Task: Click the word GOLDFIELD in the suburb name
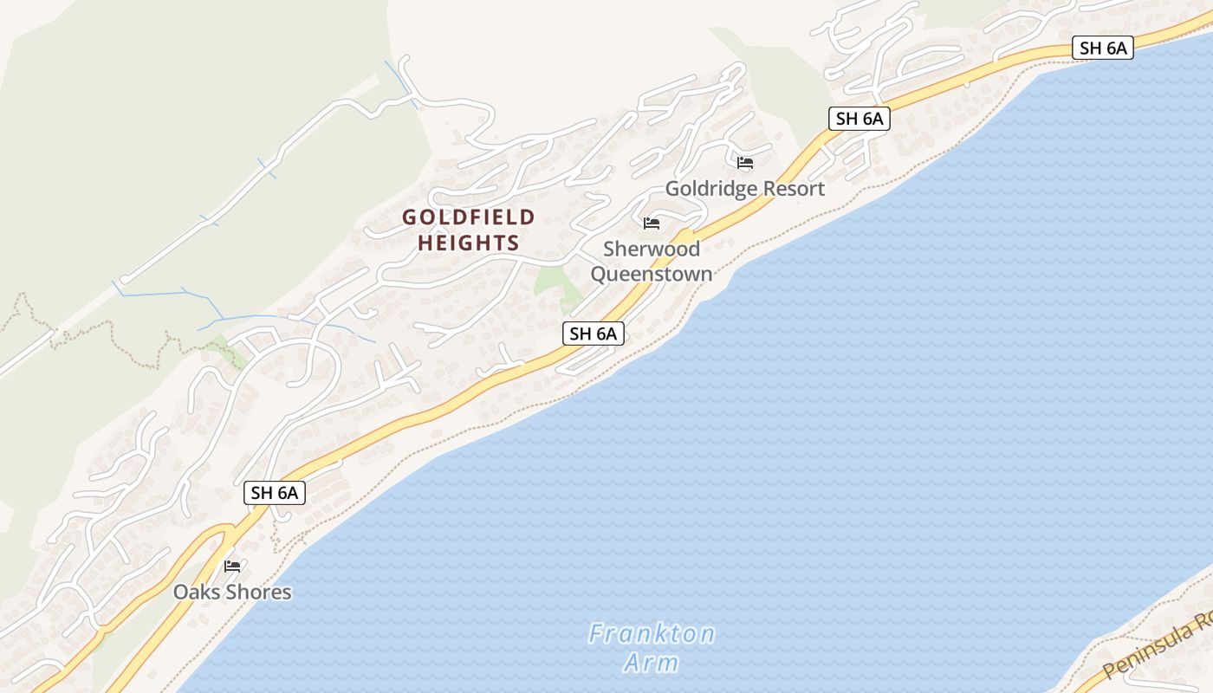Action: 469,217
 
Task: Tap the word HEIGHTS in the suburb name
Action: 469,243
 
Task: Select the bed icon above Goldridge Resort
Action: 745,162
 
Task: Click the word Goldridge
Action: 708,188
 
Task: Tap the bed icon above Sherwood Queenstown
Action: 652,223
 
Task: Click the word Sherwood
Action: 652,249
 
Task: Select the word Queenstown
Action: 652,275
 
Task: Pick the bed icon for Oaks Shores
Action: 232,567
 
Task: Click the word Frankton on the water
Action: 652,634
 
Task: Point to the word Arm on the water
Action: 652,664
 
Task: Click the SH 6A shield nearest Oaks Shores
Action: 275,493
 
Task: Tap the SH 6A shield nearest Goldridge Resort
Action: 859,119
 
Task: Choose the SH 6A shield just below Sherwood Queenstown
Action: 594,333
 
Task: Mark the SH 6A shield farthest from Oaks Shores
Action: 1103,48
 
